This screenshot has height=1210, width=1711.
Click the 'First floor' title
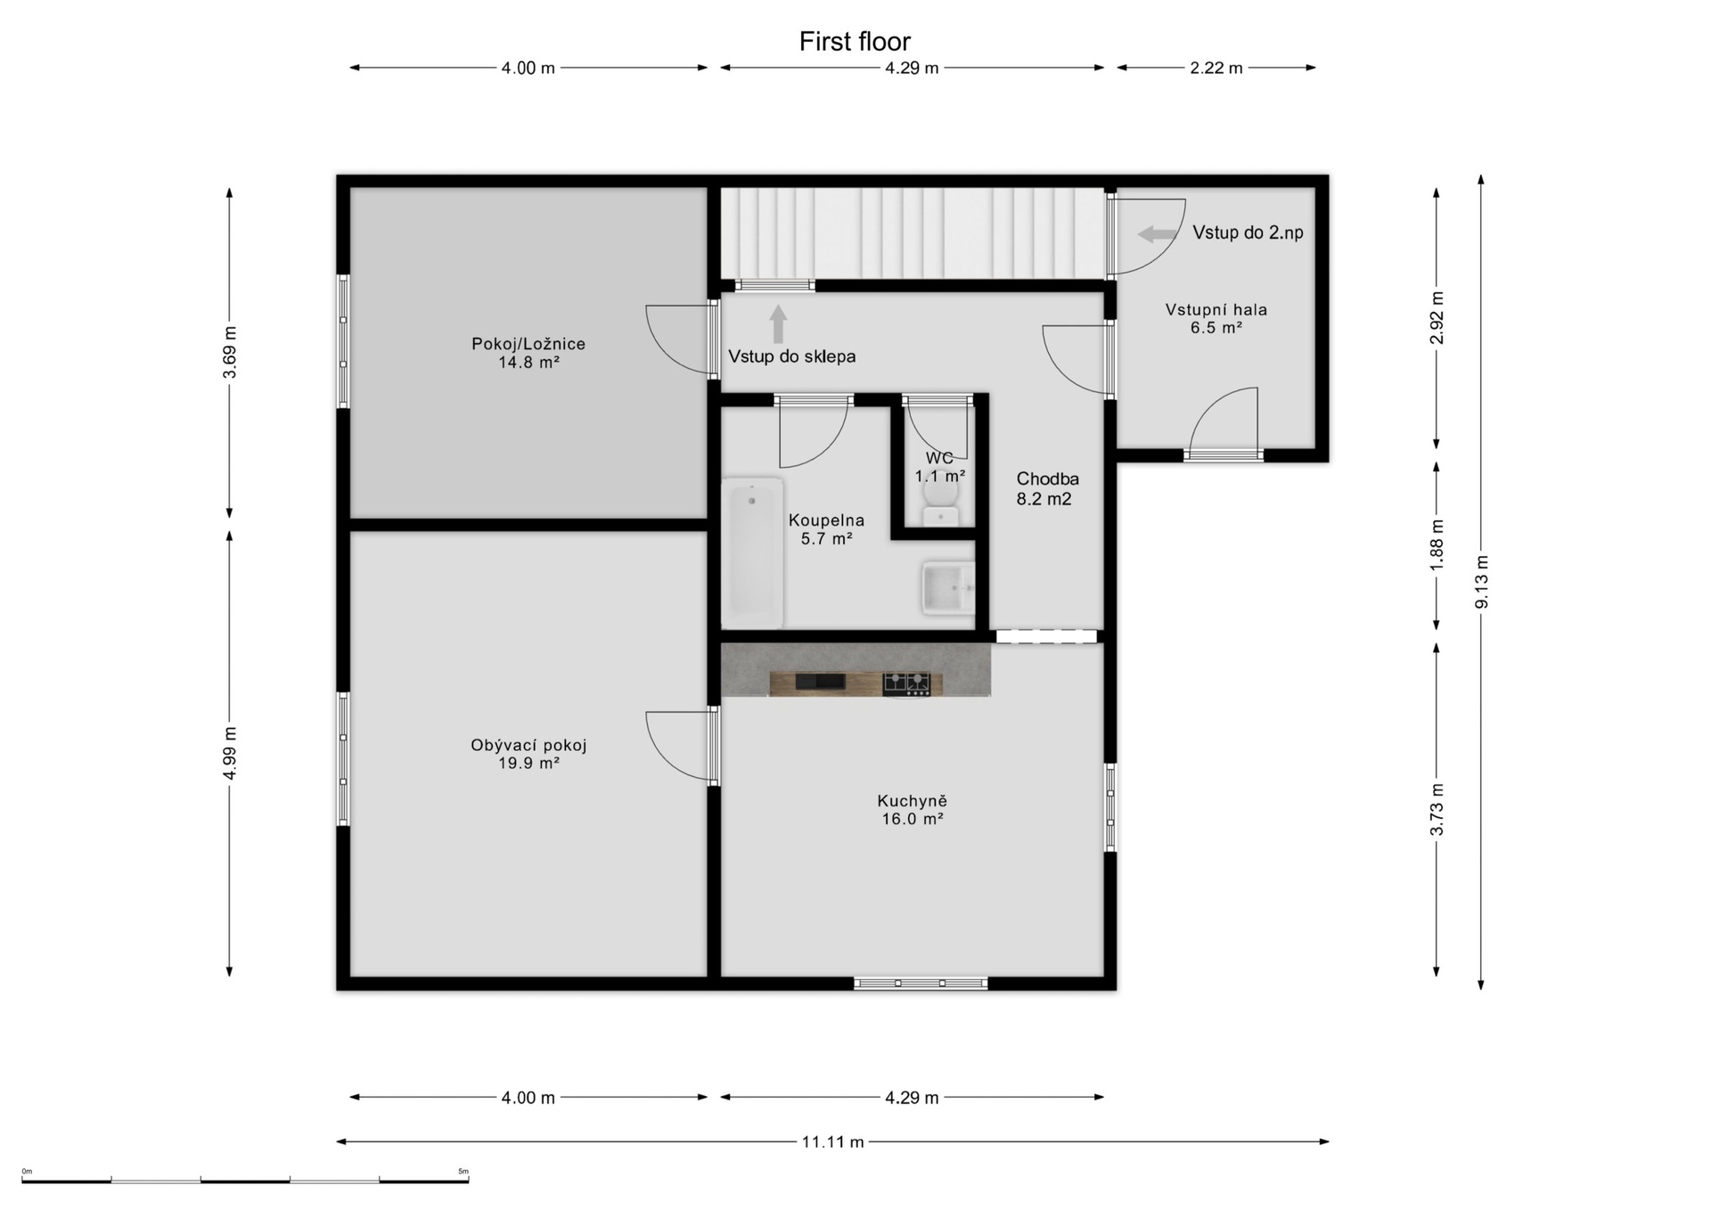coord(855,42)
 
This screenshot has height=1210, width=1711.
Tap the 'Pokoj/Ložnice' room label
coord(528,344)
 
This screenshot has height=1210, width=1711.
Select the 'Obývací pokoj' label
coord(528,746)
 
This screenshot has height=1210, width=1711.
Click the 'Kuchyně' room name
coord(912,801)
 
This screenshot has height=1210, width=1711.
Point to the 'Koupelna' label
coord(826,520)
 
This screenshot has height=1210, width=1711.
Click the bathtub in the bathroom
coord(753,553)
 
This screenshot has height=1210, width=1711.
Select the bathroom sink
coord(949,588)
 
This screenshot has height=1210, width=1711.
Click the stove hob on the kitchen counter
coord(906,683)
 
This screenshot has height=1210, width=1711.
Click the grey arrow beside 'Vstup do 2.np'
coord(1158,234)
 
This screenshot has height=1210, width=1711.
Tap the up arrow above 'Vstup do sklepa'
coord(778,324)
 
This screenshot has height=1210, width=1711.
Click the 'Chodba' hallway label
coord(1047,479)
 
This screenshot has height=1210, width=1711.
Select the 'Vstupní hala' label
coord(1216,310)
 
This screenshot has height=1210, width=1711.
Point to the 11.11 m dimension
coord(832,1141)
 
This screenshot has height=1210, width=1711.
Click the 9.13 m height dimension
coord(1481,582)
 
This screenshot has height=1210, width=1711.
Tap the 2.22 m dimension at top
coord(1216,68)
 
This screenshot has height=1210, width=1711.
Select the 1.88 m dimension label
coord(1436,544)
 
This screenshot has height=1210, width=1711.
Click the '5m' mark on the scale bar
coord(463,1171)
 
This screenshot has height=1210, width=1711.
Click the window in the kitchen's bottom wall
coord(921,984)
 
